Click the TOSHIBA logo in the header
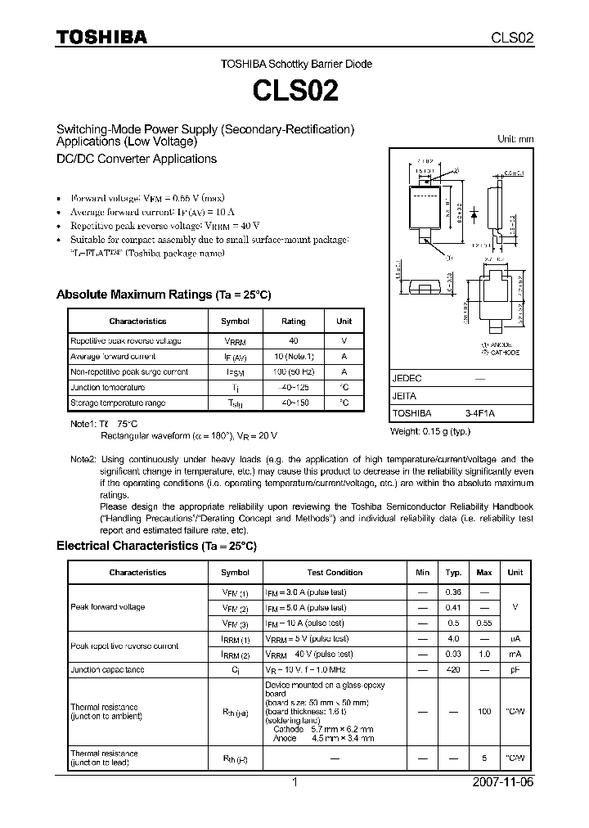click(101, 37)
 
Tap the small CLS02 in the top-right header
click(512, 38)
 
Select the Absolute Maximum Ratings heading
click(163, 295)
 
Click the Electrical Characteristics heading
click(156, 545)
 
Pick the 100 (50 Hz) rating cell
click(293, 371)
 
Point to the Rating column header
click(293, 322)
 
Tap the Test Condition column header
click(335, 572)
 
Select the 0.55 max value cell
click(483, 623)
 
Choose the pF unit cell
click(515, 669)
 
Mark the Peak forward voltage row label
click(108, 607)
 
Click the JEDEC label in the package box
click(407, 379)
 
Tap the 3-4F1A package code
click(480, 414)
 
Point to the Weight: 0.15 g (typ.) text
click(430, 431)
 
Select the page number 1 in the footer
click(294, 782)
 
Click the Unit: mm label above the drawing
click(515, 139)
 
